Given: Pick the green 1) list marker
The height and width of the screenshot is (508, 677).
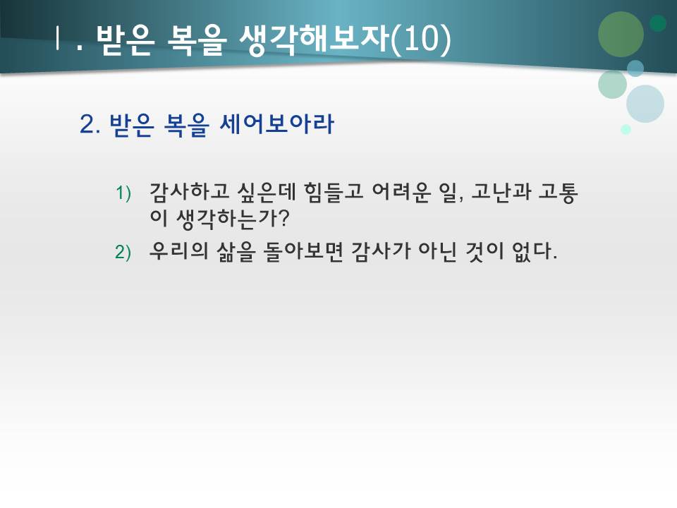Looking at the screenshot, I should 123,193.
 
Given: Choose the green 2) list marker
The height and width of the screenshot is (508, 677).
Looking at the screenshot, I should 123,253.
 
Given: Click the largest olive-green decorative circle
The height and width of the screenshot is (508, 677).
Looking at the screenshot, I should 621,34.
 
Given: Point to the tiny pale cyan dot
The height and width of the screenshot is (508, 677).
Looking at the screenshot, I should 626,129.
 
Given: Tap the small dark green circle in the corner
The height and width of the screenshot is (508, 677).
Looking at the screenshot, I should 658,23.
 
